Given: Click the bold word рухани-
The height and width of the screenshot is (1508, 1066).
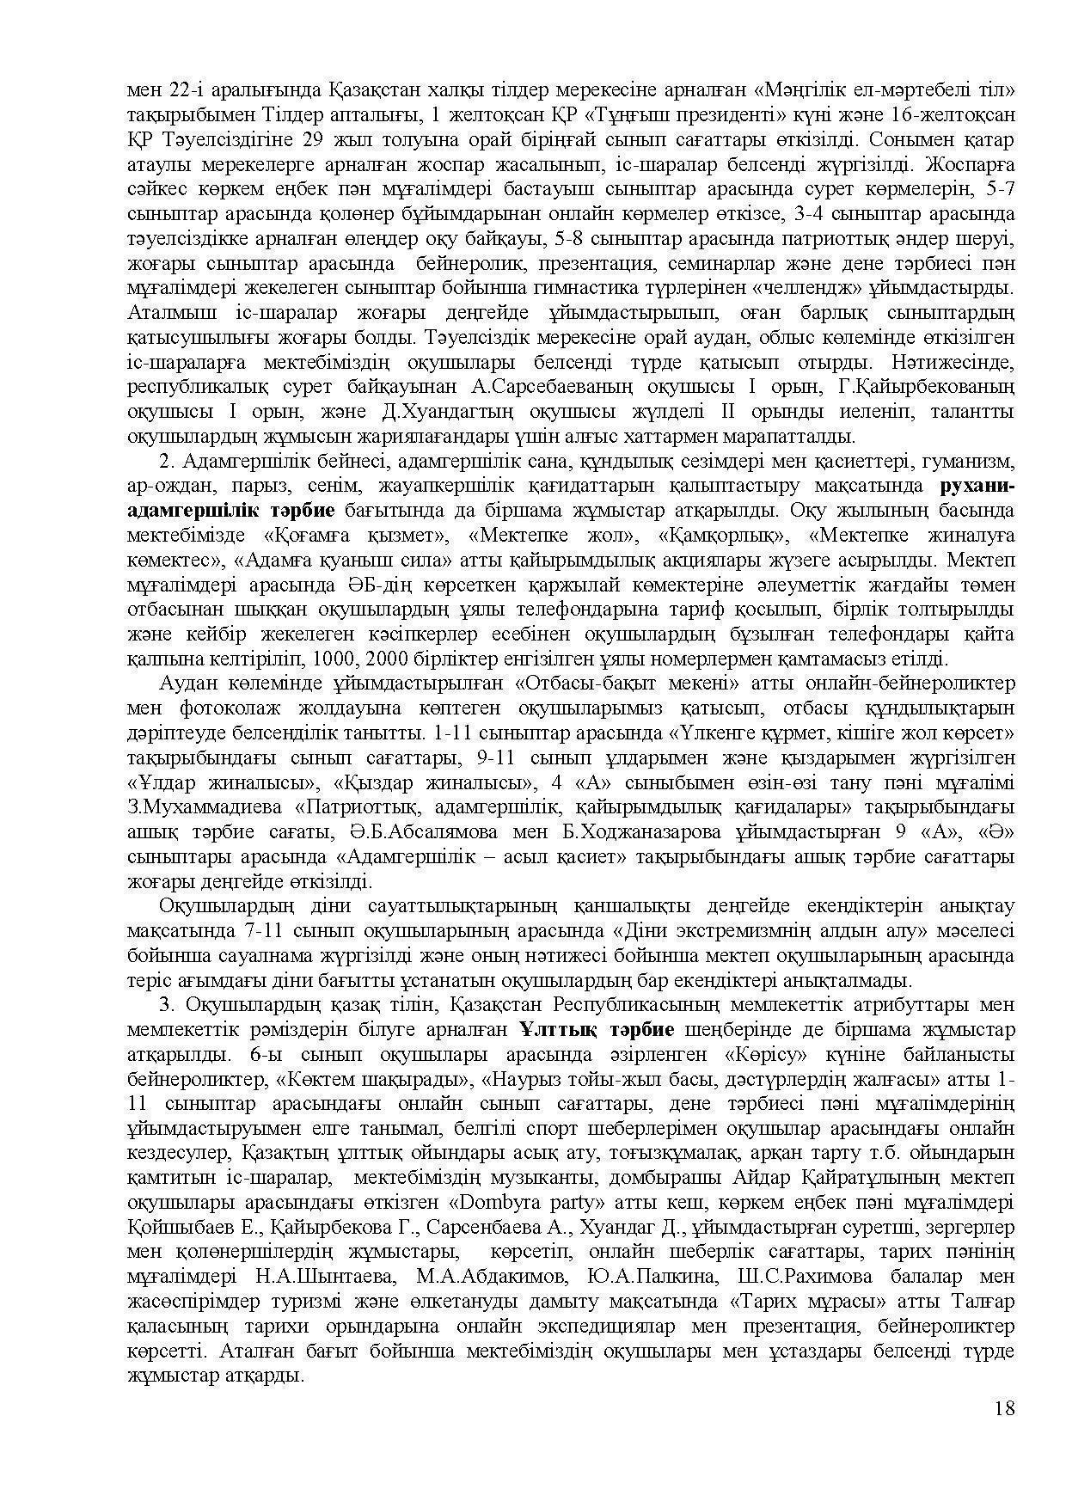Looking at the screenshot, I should point(978,486).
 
